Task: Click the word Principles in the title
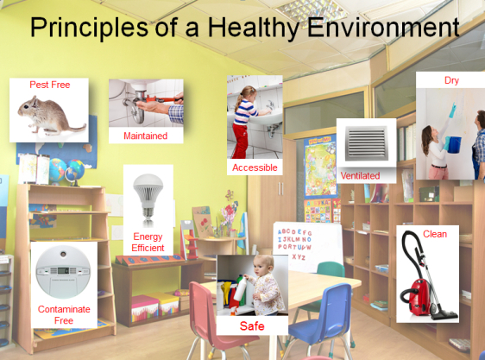click(89, 28)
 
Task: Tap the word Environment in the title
click(383, 27)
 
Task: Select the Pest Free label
click(50, 85)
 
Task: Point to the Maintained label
click(145, 136)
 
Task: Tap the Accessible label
click(255, 167)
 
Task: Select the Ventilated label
click(360, 176)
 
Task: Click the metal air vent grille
click(366, 143)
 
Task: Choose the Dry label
click(451, 80)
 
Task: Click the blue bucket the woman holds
click(454, 144)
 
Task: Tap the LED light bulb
click(148, 197)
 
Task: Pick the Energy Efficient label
click(148, 243)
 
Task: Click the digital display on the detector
click(63, 270)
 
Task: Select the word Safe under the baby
click(252, 326)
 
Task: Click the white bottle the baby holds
click(240, 289)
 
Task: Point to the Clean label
click(435, 234)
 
